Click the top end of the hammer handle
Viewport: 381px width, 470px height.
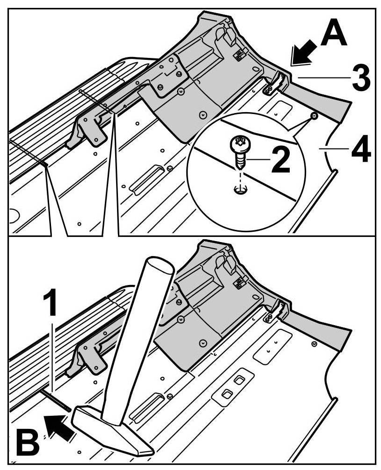pos(157,267)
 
